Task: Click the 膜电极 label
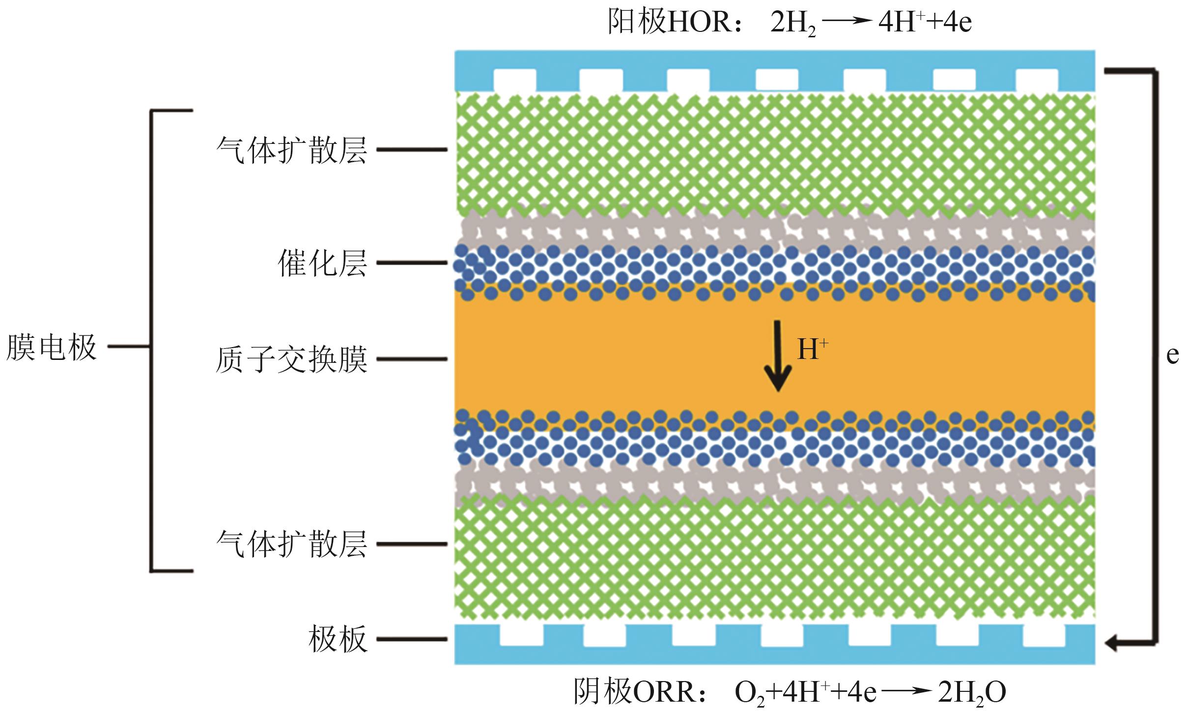pyautogui.click(x=51, y=347)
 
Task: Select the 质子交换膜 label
pyautogui.click(x=291, y=359)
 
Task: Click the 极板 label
pyautogui.click(x=338, y=639)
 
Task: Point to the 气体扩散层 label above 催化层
pyautogui.click(x=291, y=149)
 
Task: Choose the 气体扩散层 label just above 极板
pyautogui.click(x=291, y=544)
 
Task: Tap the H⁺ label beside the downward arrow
pyautogui.click(x=812, y=350)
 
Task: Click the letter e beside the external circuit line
pyautogui.click(x=1172, y=355)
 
